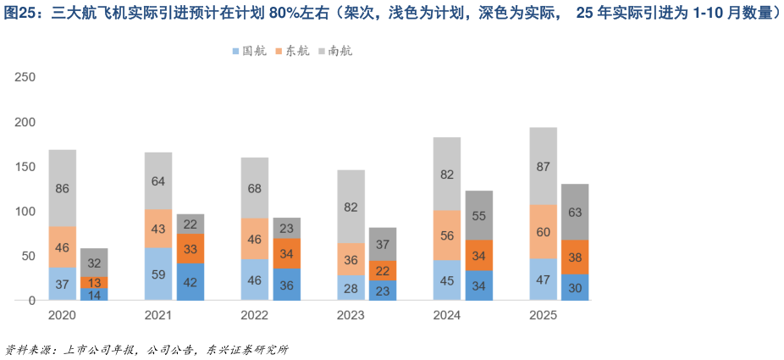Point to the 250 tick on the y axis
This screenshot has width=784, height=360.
coord(25,78)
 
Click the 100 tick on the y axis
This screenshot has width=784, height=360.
coord(25,212)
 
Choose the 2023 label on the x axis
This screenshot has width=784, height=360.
coord(351,316)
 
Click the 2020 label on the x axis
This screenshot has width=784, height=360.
coord(62,316)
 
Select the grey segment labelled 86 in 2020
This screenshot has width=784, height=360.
coord(62,188)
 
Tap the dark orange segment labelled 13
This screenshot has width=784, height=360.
coord(94,282)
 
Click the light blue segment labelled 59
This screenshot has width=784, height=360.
coord(158,274)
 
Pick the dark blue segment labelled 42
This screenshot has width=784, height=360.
coord(190,282)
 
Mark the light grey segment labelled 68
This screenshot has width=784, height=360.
coord(254,187)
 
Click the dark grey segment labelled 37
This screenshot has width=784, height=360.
coord(383,244)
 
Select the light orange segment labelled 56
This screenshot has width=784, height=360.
coord(447,235)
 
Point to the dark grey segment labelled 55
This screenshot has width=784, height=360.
coord(479,215)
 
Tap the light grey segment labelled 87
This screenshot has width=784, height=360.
coord(543,166)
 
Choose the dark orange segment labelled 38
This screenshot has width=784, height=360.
coord(575,257)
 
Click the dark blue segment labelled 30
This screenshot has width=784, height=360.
coord(575,287)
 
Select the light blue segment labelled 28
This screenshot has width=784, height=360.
coord(351,288)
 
